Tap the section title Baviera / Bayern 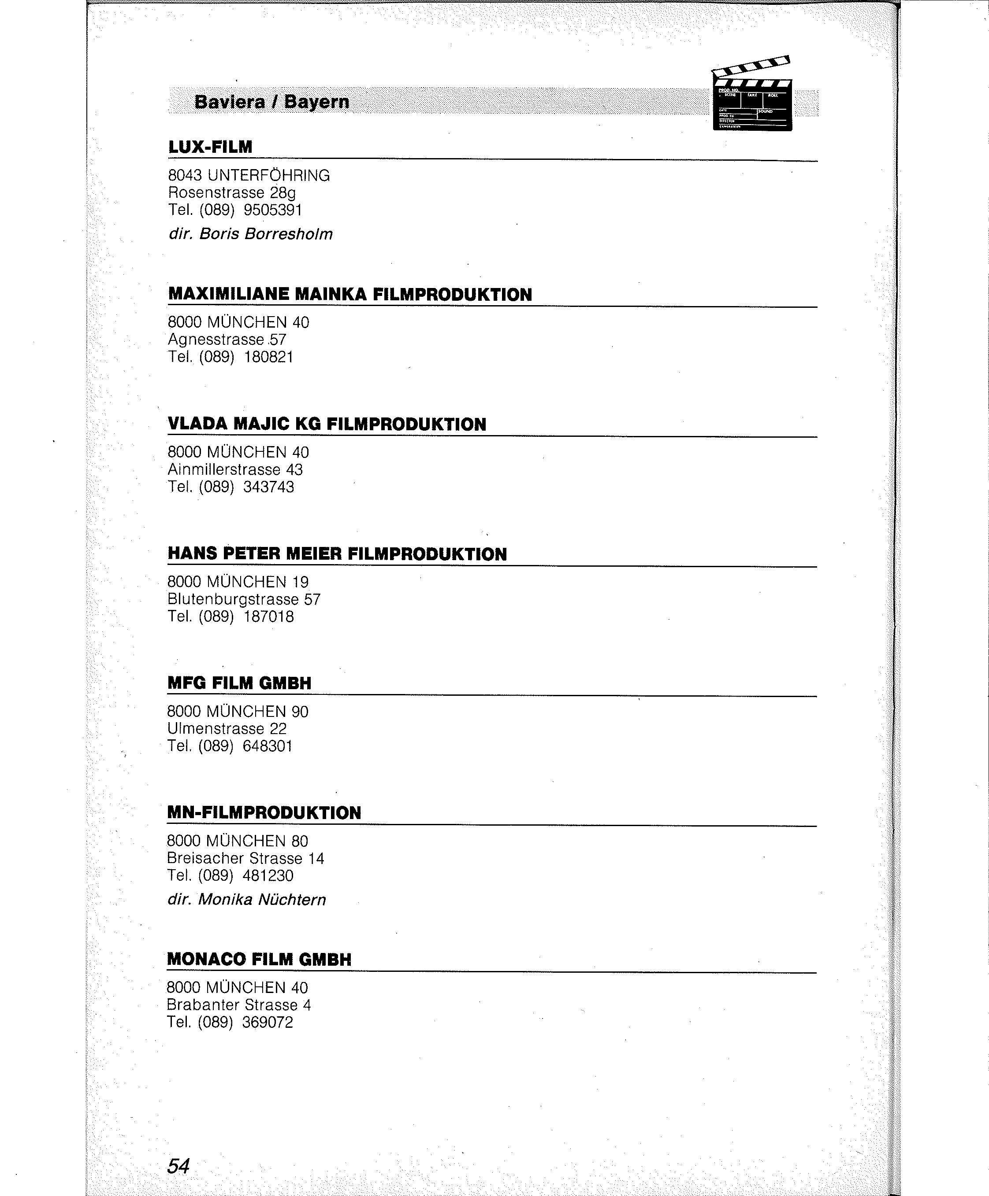[272, 102]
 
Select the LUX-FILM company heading [210, 147]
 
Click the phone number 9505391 [272, 210]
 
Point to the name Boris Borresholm [265, 234]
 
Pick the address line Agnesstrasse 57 [227, 340]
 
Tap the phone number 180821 [268, 357]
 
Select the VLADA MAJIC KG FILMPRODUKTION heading [327, 424]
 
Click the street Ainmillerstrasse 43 [235, 469]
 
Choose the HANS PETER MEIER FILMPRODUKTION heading [337, 554]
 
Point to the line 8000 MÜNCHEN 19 [238, 582]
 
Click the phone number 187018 [268, 616]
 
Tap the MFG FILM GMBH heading [239, 683]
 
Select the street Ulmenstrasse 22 [227, 729]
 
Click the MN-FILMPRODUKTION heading [264, 813]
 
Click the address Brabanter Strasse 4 [239, 1005]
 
